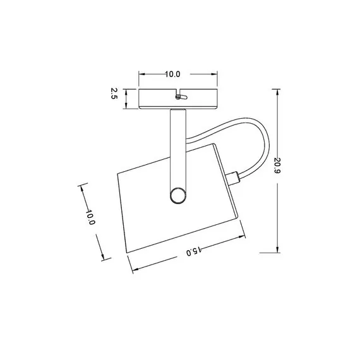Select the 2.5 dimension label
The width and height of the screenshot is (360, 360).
(x=114, y=94)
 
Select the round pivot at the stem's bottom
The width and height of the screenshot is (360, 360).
(x=178, y=195)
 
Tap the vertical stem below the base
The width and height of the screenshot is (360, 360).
(x=177, y=145)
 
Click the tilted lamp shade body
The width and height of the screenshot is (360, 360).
(x=152, y=202)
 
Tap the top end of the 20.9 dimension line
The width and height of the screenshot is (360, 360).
(x=278, y=88)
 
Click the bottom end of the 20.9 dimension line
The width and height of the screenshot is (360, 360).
(x=278, y=252)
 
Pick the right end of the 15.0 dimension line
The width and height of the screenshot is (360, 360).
(x=244, y=238)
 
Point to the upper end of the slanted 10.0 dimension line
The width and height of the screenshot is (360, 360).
(x=81, y=185)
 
